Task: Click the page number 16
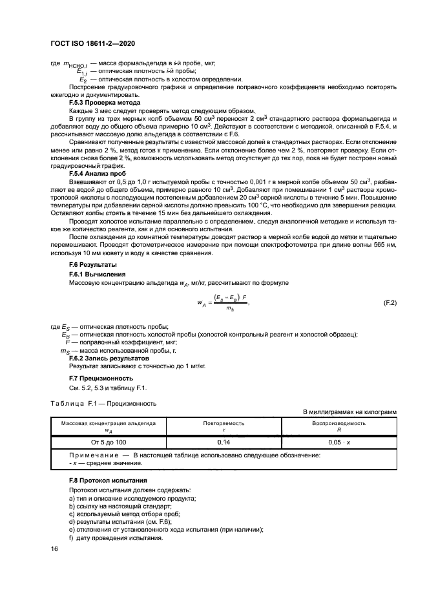55,549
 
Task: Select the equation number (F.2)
390,302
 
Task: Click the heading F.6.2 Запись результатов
109,358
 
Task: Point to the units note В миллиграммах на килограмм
350,411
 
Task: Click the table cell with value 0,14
224,441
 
